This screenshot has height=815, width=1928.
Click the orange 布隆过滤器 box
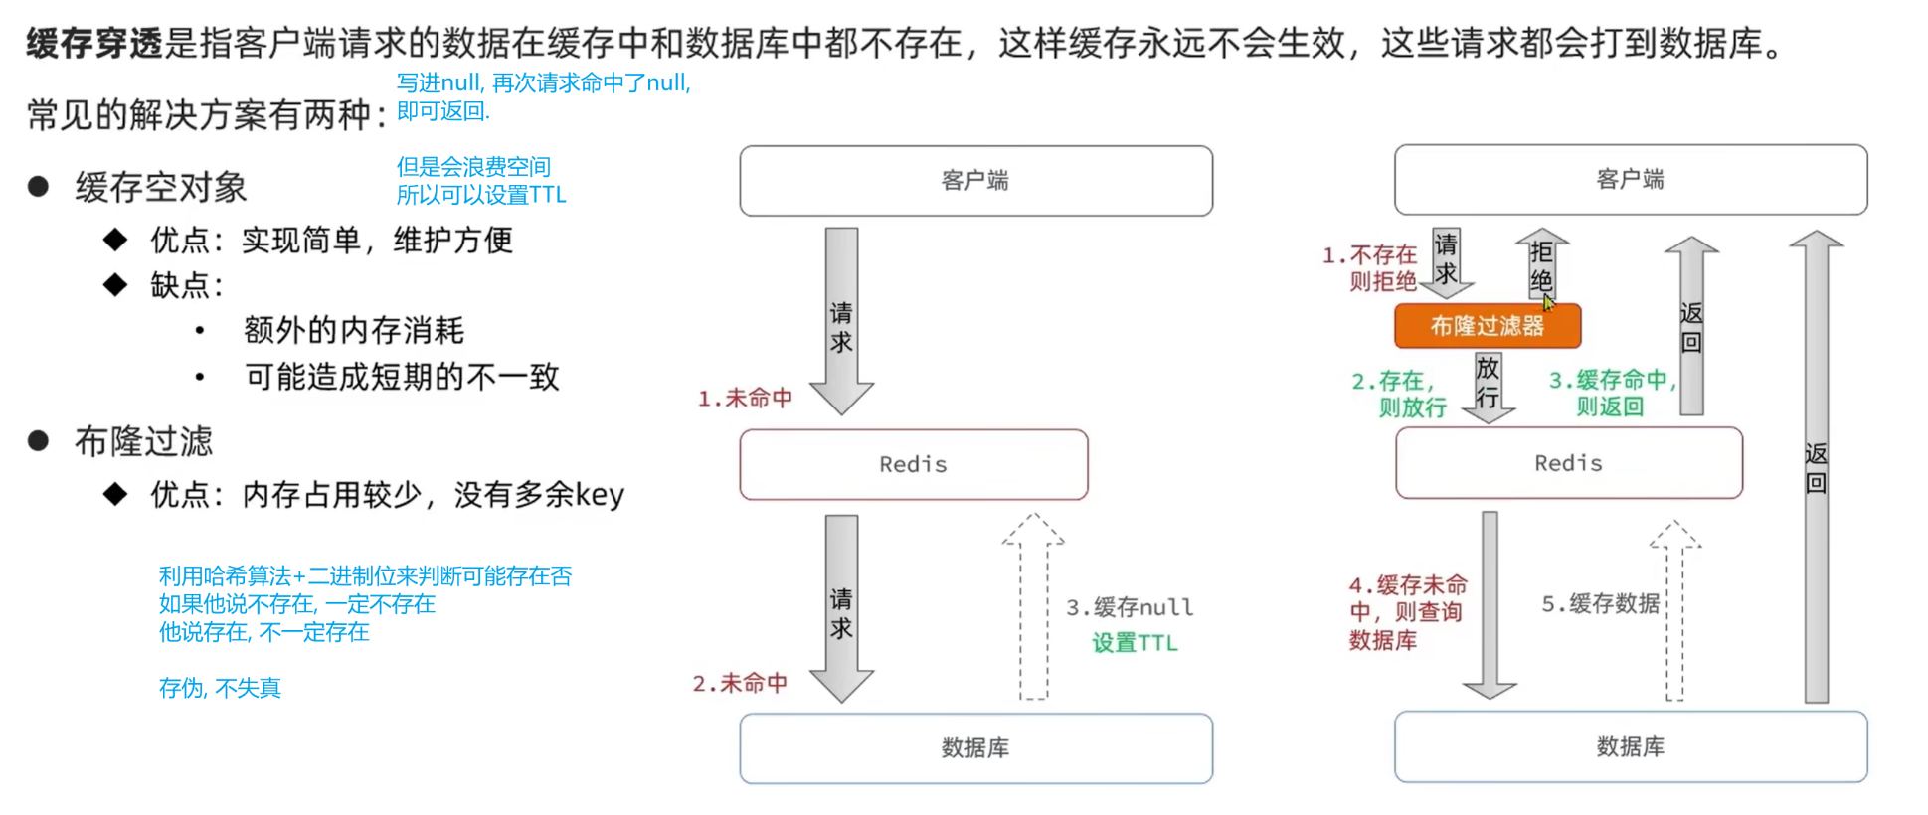point(1487,326)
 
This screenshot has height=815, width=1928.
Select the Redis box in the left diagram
point(913,464)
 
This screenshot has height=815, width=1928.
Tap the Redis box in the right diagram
point(1568,463)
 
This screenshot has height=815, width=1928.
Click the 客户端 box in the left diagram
point(974,181)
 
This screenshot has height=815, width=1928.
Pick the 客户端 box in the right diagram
point(1630,180)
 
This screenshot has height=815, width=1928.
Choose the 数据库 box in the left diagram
point(974,748)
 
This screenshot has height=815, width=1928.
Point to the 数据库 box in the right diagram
point(1630,747)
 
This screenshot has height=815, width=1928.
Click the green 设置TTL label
point(1134,643)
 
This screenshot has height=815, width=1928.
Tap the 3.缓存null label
point(1129,607)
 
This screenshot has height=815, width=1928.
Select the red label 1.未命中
point(745,399)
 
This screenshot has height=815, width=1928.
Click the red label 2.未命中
point(740,684)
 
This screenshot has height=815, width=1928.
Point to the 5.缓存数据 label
point(1600,604)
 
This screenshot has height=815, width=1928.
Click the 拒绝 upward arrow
point(1541,264)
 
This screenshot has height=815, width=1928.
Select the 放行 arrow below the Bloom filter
point(1488,386)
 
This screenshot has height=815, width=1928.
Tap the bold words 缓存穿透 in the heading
point(93,44)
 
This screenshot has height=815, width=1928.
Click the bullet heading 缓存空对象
point(160,188)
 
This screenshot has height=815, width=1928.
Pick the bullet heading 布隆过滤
point(143,441)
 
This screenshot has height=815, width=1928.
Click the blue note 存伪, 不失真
point(220,688)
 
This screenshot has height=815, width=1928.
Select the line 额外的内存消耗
point(353,331)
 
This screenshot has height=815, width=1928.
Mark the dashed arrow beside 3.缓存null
point(1033,606)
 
